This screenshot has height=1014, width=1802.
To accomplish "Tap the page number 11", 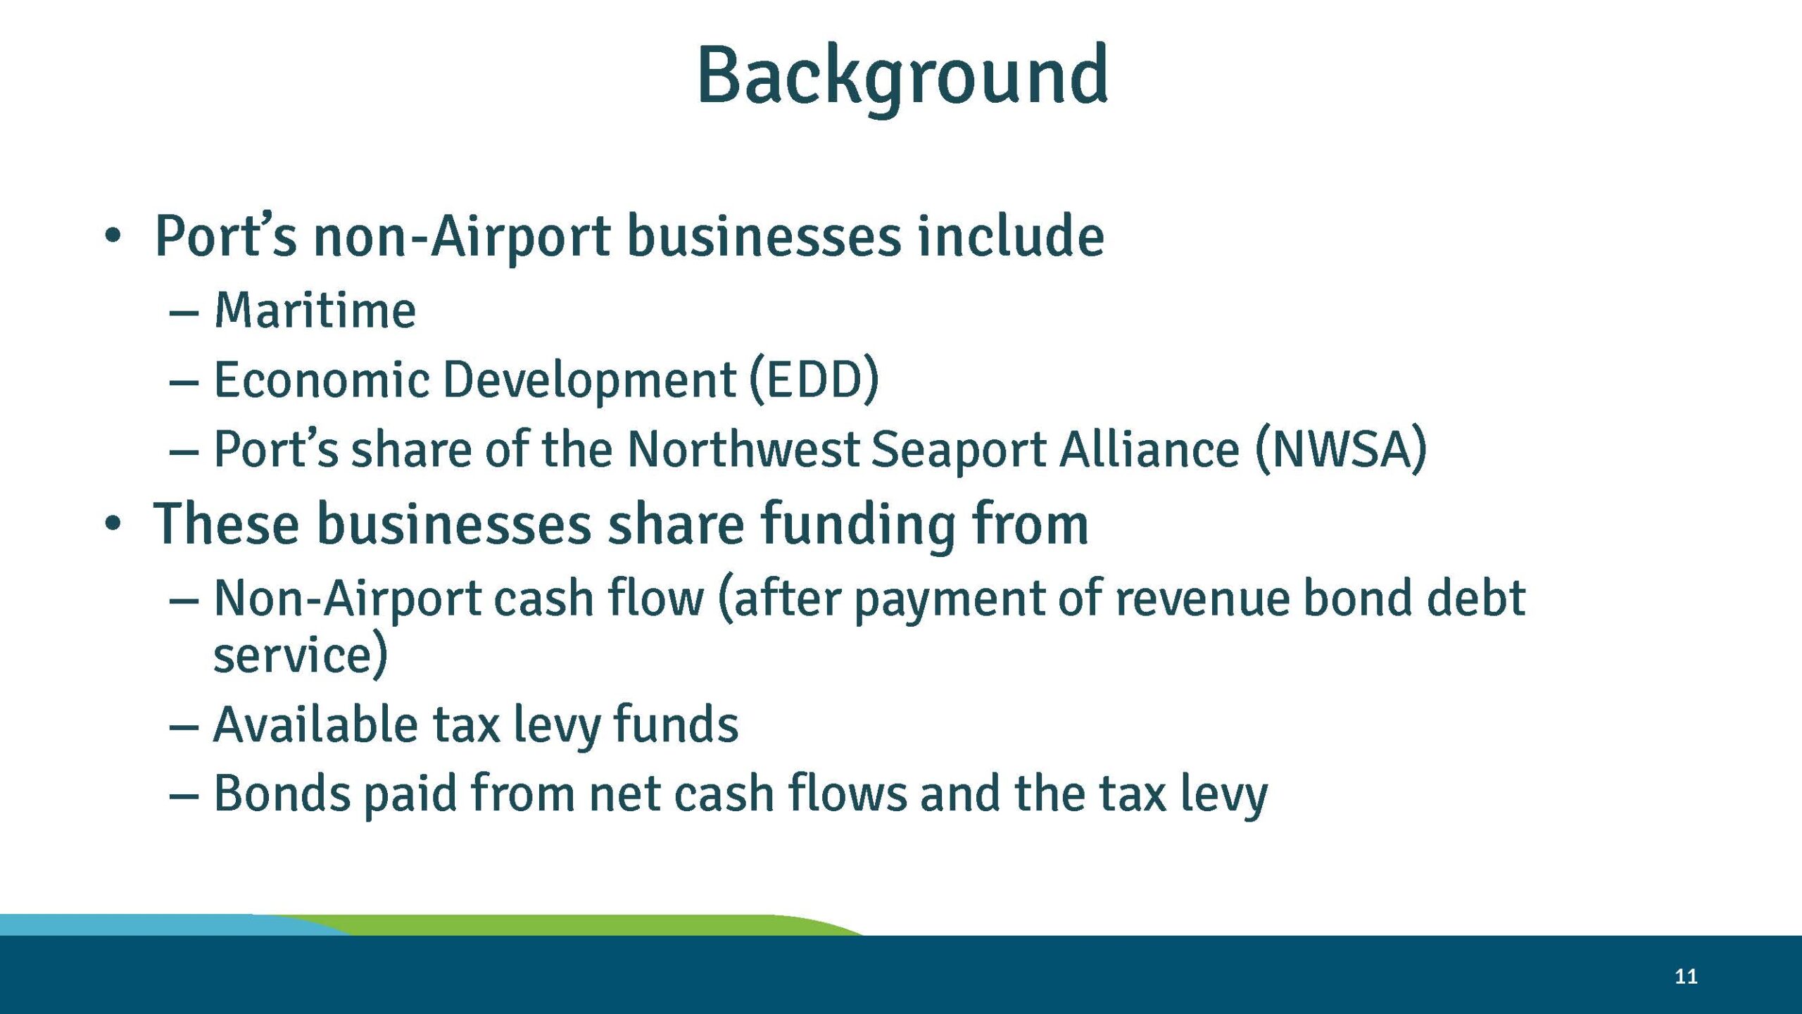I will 1686,976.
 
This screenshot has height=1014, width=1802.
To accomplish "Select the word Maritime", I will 315,311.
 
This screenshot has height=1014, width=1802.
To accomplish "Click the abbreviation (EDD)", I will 814,380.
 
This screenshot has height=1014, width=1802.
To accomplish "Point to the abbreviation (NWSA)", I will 1341,449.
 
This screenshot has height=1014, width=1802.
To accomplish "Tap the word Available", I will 315,725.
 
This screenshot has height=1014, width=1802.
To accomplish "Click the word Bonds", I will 282,794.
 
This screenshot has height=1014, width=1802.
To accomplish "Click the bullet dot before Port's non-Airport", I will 113,237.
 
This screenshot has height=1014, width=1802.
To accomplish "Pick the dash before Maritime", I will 184,312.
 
